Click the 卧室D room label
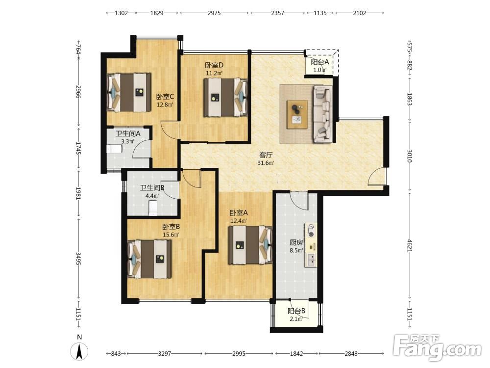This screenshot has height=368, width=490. pyautogui.click(x=214, y=65)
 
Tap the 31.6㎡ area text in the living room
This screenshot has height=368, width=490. pyautogui.click(x=266, y=163)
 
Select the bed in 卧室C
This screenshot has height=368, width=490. pyautogui.click(x=129, y=92)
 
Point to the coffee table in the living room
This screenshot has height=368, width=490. pyautogui.click(x=297, y=114)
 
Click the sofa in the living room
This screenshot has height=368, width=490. pyautogui.click(x=323, y=114)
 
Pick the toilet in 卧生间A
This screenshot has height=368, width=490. pyautogui.click(x=114, y=149)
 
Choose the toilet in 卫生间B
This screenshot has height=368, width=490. pyautogui.click(x=153, y=208)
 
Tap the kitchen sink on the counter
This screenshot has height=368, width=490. pyautogui.click(x=311, y=260)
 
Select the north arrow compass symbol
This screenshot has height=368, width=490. pyautogui.click(x=79, y=351)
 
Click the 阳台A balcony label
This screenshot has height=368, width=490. pyautogui.click(x=319, y=62)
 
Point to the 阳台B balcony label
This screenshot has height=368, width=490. pyautogui.click(x=296, y=311)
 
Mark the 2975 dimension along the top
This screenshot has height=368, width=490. pyautogui.click(x=214, y=13)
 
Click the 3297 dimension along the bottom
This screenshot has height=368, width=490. pyautogui.click(x=164, y=354)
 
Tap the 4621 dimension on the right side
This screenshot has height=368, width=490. pyautogui.click(x=410, y=245)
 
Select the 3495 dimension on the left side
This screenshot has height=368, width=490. pyautogui.click(x=78, y=259)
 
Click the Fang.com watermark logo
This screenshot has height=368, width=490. pyautogui.click(x=437, y=347)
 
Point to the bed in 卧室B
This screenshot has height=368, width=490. pyautogui.click(x=149, y=259)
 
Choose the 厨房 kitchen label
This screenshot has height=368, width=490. pyautogui.click(x=296, y=242)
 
